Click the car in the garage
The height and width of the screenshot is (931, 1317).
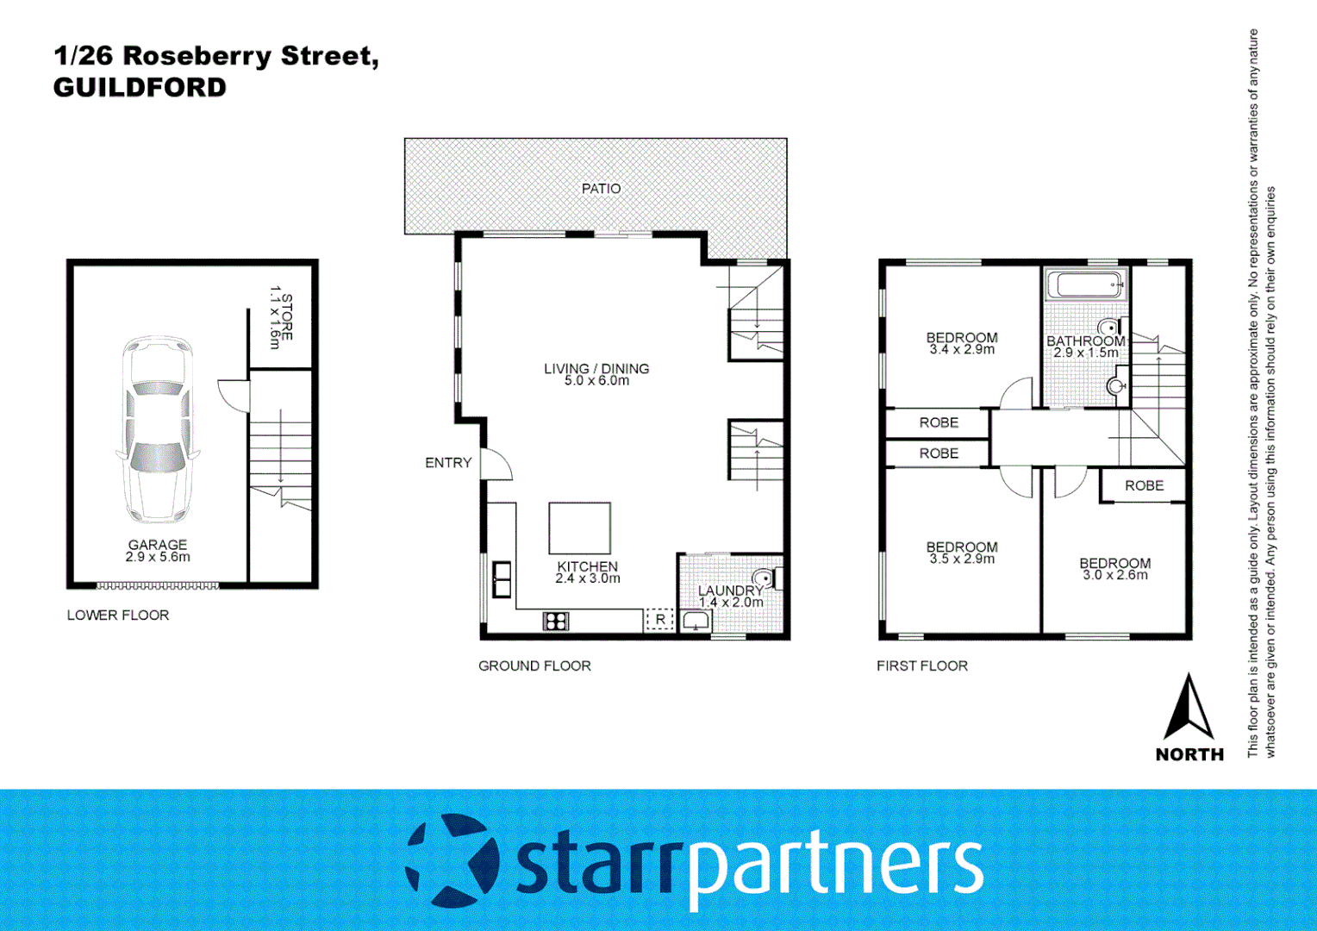coord(158,429)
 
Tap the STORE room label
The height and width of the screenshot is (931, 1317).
coord(281,318)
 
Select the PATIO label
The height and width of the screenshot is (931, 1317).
coord(601,189)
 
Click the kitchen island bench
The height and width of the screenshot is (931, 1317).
coord(579,528)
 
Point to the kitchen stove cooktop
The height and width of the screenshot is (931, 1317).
coord(556,621)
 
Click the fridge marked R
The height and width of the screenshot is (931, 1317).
coord(660,619)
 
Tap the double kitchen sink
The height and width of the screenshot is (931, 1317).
coord(502,579)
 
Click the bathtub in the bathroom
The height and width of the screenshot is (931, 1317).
coord(1085,284)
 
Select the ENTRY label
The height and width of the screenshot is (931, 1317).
coord(448,463)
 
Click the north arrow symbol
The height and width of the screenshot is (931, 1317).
coord(1189,709)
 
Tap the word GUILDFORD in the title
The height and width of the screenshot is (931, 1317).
coord(140,88)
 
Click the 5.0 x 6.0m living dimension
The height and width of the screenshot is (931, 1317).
coord(596,381)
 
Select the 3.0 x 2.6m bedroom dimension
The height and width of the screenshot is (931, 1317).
coord(1115,575)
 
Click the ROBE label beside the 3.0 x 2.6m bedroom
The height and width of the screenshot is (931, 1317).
coord(1144,486)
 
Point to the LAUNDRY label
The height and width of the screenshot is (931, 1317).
coord(730,590)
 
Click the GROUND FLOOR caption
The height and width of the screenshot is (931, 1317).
coord(534,666)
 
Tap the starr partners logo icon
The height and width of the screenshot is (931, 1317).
coord(453,860)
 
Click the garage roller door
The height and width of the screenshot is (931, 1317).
coord(158,586)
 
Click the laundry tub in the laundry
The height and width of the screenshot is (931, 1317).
coord(695,621)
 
